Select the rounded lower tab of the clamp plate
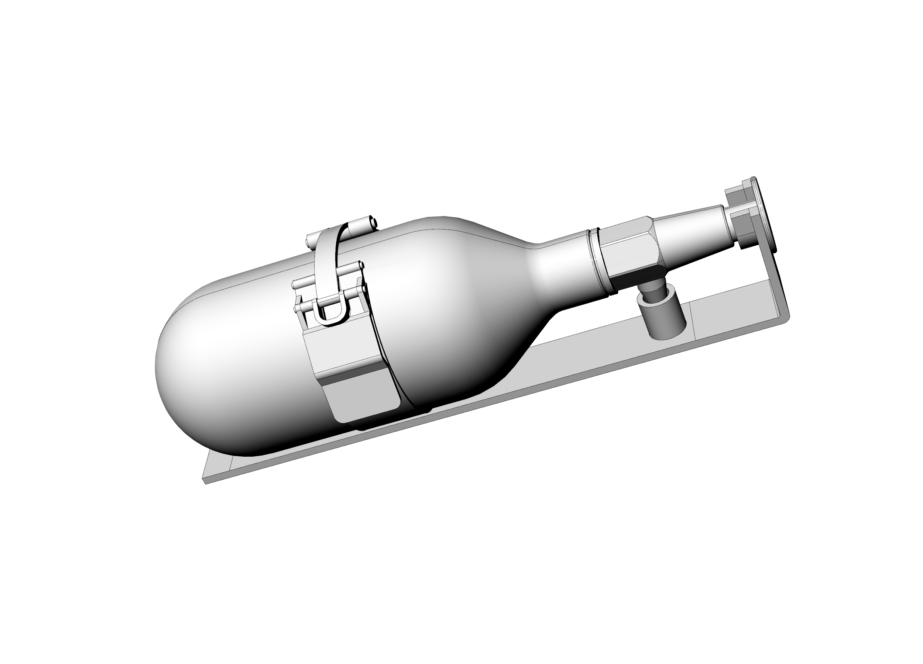point(366,401)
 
